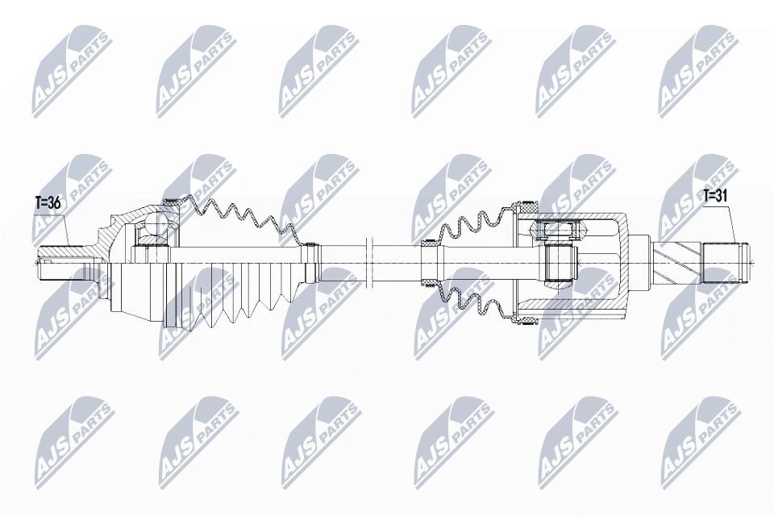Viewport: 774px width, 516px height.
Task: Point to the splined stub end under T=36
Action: (60, 260)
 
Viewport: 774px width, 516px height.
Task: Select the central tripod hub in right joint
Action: (559, 261)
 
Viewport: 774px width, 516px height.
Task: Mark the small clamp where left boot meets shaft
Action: (310, 260)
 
